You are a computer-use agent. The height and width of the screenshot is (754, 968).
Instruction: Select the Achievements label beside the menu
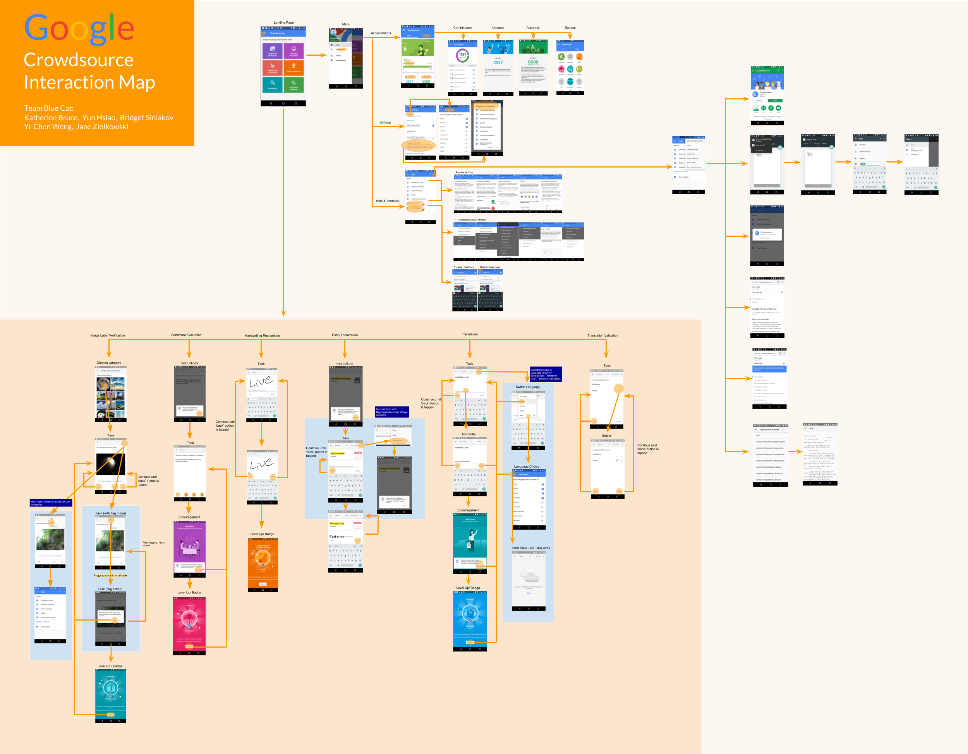(381, 33)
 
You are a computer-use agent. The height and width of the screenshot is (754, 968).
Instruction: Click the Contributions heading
(462, 28)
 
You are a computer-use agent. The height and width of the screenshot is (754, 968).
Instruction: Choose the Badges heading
(570, 28)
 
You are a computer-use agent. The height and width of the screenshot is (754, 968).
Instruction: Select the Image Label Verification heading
(107, 335)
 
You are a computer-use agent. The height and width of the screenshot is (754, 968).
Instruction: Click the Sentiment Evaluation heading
(186, 335)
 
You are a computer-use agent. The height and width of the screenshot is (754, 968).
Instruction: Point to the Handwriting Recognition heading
(262, 335)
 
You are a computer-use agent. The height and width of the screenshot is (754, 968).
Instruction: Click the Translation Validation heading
(602, 335)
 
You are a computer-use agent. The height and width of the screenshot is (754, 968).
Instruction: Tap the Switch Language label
(527, 387)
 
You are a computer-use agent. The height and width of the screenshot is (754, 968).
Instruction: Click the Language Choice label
(526, 467)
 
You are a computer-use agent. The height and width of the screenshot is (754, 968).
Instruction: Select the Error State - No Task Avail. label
(530, 548)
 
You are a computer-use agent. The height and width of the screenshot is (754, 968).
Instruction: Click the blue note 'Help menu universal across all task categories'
(50, 503)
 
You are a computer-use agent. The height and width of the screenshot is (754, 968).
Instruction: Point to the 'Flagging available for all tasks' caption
(110, 576)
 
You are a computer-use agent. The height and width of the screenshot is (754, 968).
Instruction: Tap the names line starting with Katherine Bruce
(98, 118)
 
